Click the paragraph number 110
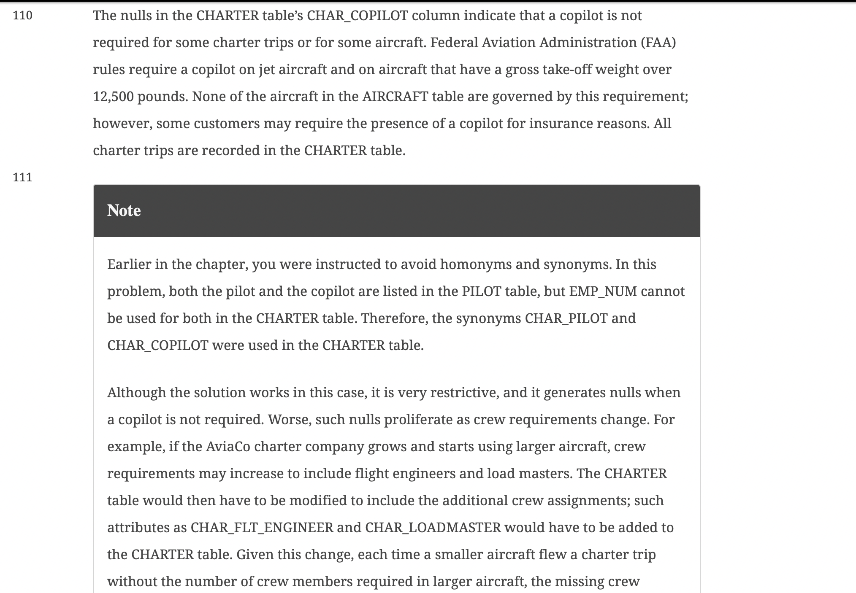coord(22,16)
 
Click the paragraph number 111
coord(22,177)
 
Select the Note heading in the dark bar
coord(124,210)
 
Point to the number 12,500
coord(113,97)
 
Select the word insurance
coord(561,124)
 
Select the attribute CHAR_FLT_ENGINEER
coord(262,528)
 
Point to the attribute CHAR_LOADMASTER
coord(433,528)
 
